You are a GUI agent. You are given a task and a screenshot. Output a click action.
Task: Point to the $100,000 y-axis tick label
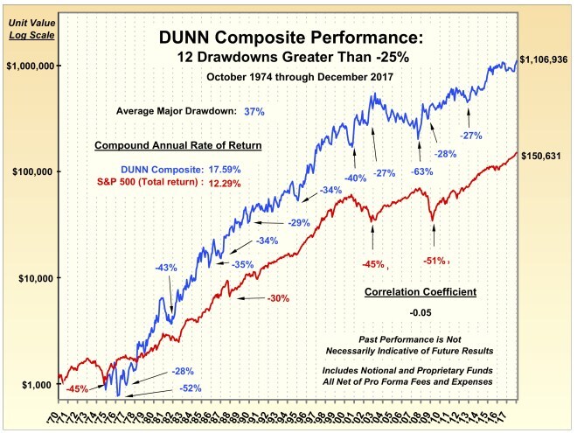[x=32, y=171]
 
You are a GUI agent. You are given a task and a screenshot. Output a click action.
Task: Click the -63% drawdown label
[x=422, y=171]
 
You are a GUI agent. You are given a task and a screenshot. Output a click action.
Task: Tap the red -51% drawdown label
[x=434, y=261]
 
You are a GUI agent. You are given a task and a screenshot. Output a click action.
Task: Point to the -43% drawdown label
[x=166, y=267]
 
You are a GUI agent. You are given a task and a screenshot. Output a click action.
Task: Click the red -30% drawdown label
[x=277, y=298]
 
